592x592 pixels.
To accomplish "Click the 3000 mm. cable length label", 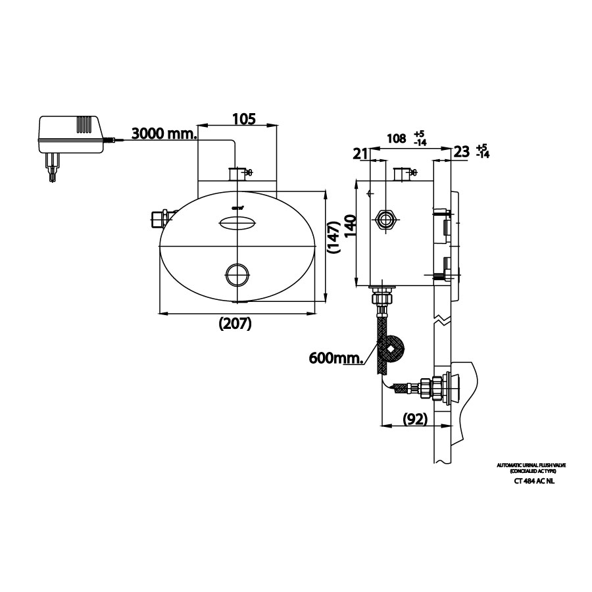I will pyautogui.click(x=164, y=134).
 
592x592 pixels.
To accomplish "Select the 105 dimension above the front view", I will pyautogui.click(x=243, y=118).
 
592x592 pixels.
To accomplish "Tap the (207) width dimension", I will pyautogui.click(x=236, y=324).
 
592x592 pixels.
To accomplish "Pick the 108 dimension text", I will pyautogui.click(x=395, y=139).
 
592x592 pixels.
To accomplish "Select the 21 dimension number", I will pyautogui.click(x=360, y=153).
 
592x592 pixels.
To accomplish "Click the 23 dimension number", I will pyautogui.click(x=462, y=151).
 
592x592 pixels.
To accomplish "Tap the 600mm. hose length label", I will pyautogui.click(x=337, y=358).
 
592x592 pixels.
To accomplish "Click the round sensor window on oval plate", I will pyautogui.click(x=237, y=274).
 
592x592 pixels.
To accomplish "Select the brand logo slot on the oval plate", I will pyautogui.click(x=237, y=223).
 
